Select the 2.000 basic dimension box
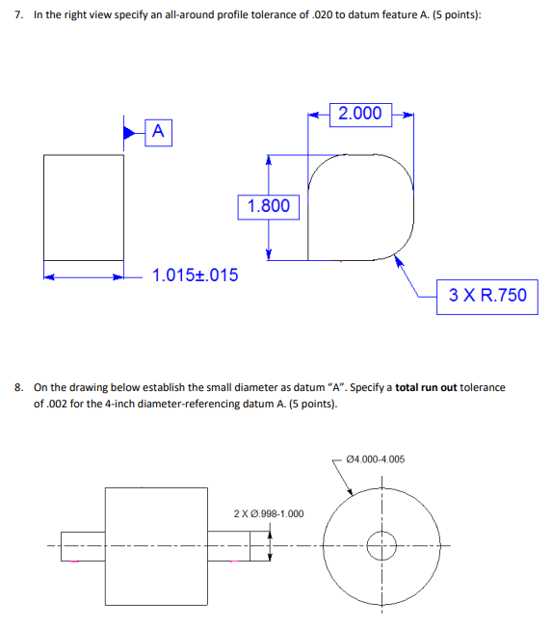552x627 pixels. (x=360, y=114)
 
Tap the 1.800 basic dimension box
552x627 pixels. (x=269, y=206)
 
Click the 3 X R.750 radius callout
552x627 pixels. (x=489, y=295)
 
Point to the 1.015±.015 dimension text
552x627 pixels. (x=196, y=275)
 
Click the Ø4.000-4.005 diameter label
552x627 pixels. (x=375, y=458)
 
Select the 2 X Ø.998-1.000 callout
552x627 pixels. (x=269, y=512)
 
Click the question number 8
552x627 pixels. (x=18, y=387)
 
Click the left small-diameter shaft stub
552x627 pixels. (x=82, y=546)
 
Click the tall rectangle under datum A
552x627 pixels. (x=84, y=206)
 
